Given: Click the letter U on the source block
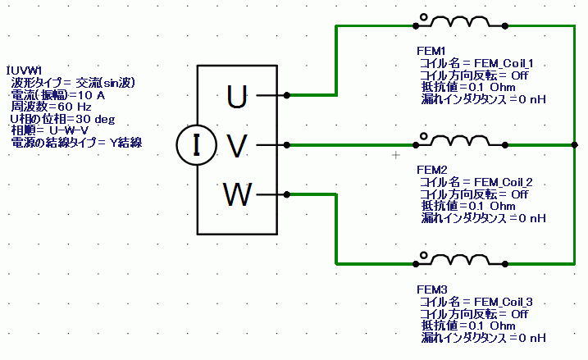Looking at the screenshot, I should click(x=236, y=98).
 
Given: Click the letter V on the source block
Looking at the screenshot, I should click(x=236, y=146).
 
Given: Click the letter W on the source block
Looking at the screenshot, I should click(x=237, y=195).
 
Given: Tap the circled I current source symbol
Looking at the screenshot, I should click(x=195, y=146).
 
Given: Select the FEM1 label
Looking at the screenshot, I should click(x=432, y=52).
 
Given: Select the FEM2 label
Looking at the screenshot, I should click(x=432, y=170).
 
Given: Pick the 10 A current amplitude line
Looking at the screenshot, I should click(x=57, y=94).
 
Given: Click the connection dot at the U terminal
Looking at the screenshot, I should click(x=286, y=95).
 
